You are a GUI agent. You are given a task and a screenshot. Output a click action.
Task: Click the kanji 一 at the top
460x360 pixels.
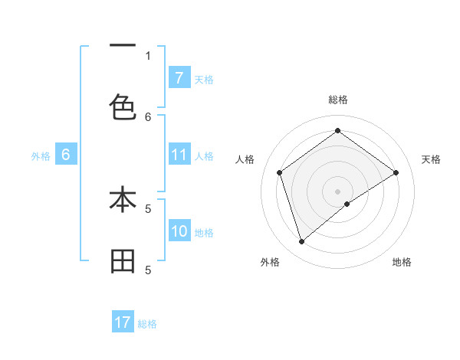coord(123,47)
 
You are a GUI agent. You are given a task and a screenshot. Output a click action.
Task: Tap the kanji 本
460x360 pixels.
coord(123,200)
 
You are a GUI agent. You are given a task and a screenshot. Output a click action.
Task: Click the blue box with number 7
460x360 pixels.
coord(179,77)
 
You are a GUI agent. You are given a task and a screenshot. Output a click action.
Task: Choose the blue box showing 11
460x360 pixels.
coord(179,155)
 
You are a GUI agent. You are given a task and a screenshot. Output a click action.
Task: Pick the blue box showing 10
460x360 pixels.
coord(179,231)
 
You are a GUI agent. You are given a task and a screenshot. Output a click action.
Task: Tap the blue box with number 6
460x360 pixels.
coord(66,155)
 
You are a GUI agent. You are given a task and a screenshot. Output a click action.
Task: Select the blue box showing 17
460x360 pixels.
coord(123,322)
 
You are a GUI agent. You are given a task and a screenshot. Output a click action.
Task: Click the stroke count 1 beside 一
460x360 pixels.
coord(148,55)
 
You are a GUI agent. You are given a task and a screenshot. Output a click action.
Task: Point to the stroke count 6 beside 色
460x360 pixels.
coord(148,116)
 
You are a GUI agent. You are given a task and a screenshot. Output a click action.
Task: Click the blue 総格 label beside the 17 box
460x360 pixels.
coord(147,324)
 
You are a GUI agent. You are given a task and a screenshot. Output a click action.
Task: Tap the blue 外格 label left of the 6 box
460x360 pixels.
coord(41,156)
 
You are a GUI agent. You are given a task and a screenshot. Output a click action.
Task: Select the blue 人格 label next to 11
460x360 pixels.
coord(204,156)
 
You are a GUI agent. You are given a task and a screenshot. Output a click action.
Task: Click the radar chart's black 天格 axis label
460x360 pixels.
coord(431,159)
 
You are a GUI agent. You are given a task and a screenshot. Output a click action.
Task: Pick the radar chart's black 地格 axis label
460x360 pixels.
coord(402,262)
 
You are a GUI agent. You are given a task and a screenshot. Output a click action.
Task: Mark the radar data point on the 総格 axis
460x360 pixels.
coord(337,130)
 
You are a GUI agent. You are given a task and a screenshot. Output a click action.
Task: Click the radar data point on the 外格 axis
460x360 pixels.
coord(301,242)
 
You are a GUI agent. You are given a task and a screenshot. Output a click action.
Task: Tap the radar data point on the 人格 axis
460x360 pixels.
coord(280,172)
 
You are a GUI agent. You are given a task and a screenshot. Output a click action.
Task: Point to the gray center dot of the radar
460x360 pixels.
coord(337,191)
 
